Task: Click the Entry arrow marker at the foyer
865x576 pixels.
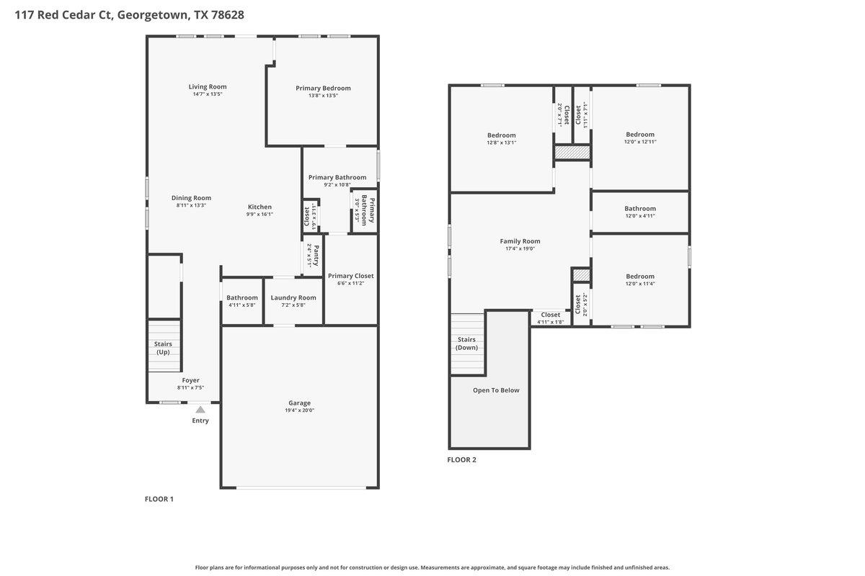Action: (x=200, y=409)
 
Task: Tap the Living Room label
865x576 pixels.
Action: (x=208, y=87)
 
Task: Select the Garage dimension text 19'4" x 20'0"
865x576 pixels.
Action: (x=299, y=410)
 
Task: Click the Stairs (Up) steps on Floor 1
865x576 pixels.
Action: (x=164, y=346)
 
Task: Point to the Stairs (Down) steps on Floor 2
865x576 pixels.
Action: (x=466, y=344)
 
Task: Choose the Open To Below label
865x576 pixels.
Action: (x=496, y=390)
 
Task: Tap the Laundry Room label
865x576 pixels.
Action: (x=293, y=297)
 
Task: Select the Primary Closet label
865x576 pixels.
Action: (x=351, y=276)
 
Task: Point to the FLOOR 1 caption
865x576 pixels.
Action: (x=159, y=499)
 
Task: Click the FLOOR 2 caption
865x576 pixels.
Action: (x=461, y=459)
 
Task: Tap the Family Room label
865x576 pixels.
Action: (x=520, y=241)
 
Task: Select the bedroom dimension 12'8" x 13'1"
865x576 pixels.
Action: (x=501, y=143)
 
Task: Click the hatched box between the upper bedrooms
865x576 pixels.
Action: (x=572, y=153)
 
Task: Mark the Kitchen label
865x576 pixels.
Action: (x=259, y=207)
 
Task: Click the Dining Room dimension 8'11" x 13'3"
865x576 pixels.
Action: (x=191, y=205)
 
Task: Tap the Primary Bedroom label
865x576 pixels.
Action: (x=323, y=88)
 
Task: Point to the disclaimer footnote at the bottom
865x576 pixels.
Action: (x=432, y=567)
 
